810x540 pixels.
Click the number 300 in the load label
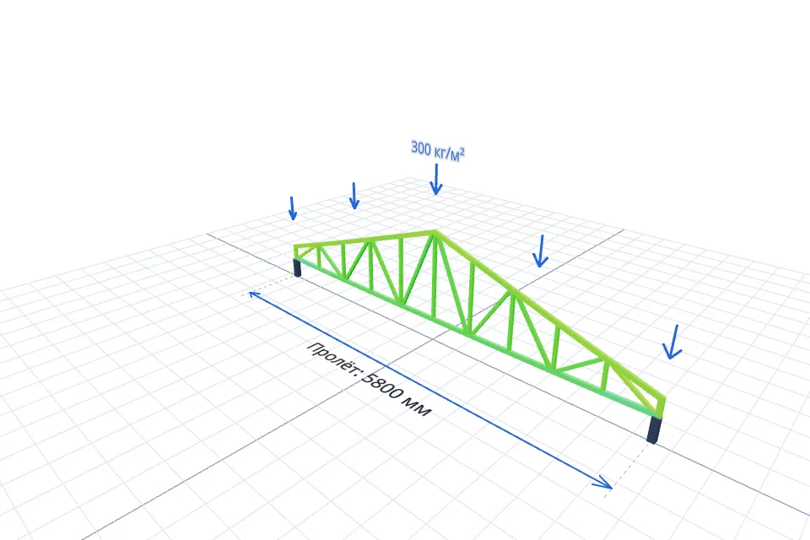[420, 148]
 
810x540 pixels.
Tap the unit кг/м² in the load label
[448, 154]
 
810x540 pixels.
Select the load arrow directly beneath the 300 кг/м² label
[436, 180]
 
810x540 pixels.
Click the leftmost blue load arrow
[293, 208]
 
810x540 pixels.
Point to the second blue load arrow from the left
[354, 196]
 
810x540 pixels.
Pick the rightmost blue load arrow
[672, 342]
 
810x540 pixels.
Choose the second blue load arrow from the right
[540, 251]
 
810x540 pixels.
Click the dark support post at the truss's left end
[297, 267]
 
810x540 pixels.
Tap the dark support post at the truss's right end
[655, 430]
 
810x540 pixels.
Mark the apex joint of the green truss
[435, 233]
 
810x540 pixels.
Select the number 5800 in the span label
[383, 385]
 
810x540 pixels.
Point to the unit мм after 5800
[418, 408]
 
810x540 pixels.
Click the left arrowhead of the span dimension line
[253, 294]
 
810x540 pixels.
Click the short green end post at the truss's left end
[296, 251]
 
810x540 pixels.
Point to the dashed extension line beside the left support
[269, 284]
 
